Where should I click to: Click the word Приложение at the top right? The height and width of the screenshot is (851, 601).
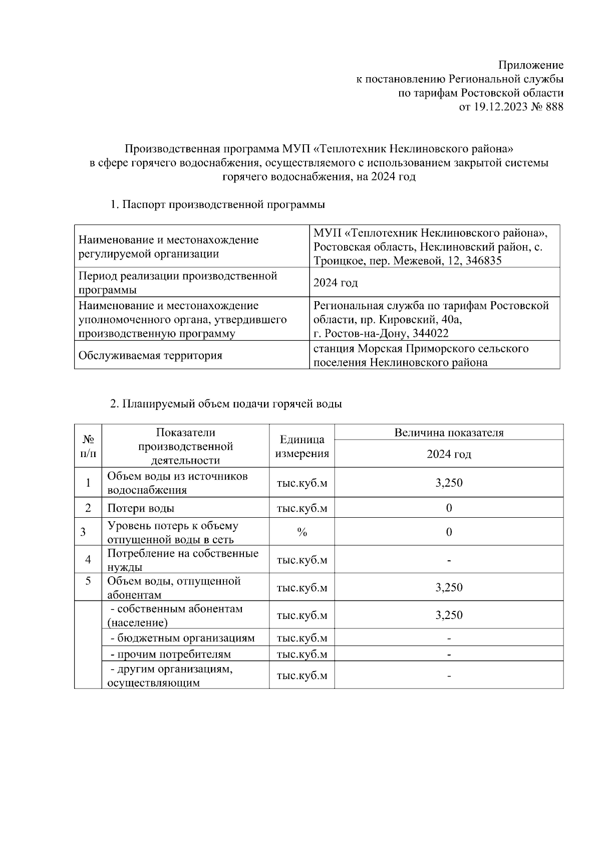[530, 65]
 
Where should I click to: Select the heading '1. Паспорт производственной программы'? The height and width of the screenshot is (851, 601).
[217, 204]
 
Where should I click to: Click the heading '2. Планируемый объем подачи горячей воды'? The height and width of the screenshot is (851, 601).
[226, 404]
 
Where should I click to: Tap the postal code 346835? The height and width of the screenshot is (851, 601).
[483, 261]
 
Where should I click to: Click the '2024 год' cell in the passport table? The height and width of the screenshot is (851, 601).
[336, 283]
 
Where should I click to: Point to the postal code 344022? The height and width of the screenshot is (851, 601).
[431, 334]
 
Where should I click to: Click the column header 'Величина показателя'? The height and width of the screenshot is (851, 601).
[449, 433]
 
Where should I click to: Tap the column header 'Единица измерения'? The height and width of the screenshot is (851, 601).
[302, 447]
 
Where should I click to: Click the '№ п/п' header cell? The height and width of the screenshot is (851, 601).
[88, 447]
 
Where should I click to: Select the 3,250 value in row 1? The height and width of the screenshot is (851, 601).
[449, 483]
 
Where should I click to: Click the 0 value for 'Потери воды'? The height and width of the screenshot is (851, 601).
[449, 508]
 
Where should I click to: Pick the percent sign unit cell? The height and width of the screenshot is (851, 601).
[302, 532]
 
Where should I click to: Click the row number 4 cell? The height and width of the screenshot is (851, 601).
[88, 560]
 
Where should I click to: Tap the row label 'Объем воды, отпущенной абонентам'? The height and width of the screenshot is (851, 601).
[174, 588]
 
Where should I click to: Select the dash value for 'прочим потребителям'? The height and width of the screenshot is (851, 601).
[449, 655]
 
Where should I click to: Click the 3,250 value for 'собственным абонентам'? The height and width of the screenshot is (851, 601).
[449, 615]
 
